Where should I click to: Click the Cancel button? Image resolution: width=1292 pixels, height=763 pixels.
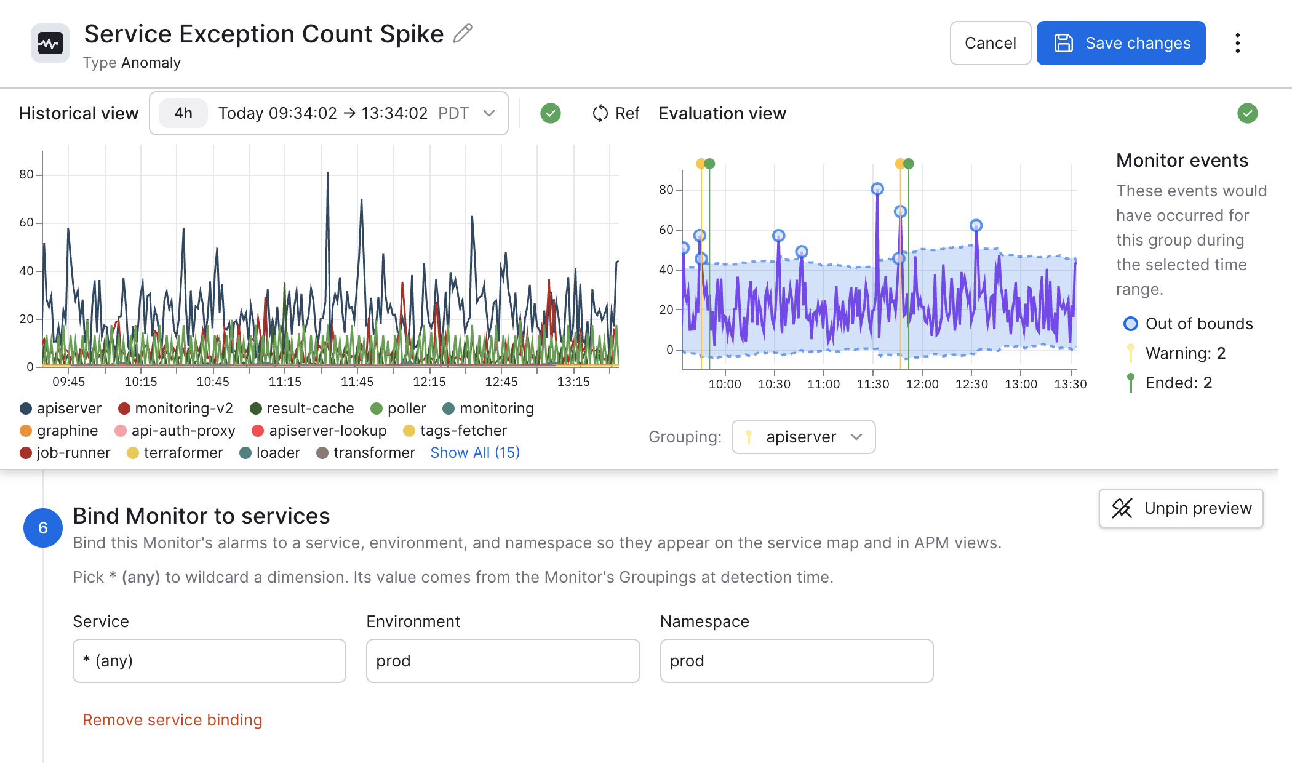coord(990,43)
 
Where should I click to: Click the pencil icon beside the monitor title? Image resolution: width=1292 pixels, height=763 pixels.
coord(463,33)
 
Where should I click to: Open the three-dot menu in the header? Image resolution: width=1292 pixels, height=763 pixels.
coord(1237,43)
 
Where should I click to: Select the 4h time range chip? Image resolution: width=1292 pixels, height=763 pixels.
coord(183,113)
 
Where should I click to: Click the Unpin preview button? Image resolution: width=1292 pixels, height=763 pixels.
coord(1181,508)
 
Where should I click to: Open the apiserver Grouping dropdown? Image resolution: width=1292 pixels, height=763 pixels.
coord(803,437)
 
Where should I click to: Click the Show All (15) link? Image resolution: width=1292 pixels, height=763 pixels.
coord(475,453)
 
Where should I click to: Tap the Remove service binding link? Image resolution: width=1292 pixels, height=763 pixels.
coord(172,720)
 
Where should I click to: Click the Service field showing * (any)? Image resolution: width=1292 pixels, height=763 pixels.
coord(209,661)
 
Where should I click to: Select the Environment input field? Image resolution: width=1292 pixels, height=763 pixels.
coord(503,661)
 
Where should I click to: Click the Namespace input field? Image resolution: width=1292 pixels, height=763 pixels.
coord(797,661)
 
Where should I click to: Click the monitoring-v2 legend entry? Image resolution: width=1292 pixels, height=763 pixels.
coord(176,409)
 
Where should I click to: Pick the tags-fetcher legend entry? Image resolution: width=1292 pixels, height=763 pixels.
coord(455,431)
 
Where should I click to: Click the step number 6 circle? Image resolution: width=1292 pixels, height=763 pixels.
coord(43,528)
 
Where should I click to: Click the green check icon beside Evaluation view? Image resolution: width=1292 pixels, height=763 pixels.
coord(1247,113)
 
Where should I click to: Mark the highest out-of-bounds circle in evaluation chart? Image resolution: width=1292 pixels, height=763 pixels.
coord(877,189)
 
